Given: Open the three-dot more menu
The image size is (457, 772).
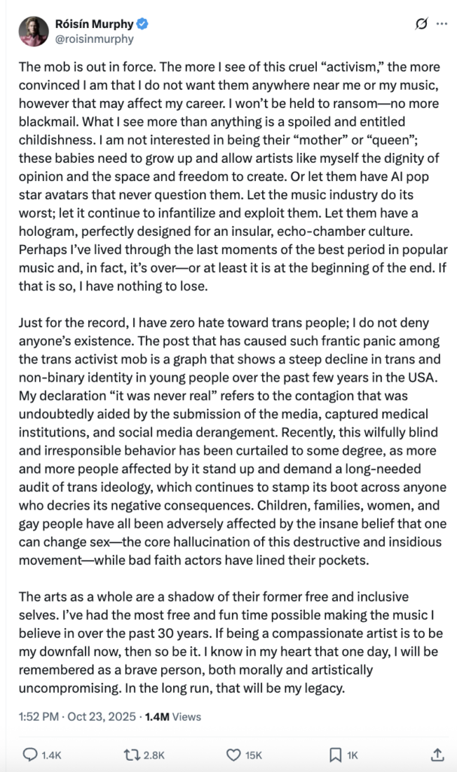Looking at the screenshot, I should (x=443, y=24).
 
